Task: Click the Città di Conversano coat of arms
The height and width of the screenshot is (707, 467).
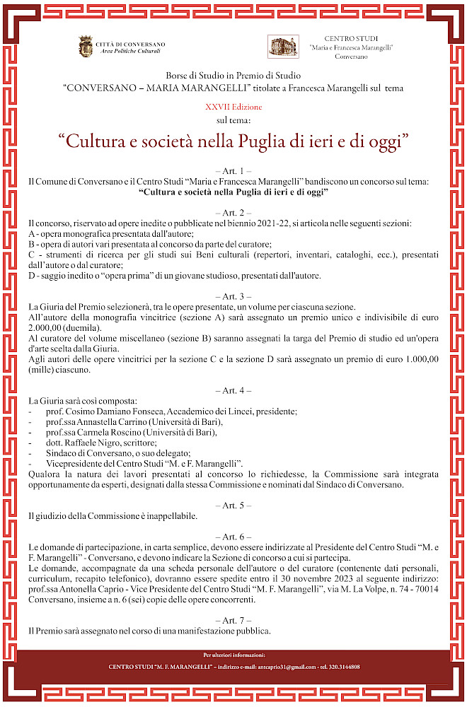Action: tap(85, 47)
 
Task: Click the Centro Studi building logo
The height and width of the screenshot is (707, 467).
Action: tap(278, 47)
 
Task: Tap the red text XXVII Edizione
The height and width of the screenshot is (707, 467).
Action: tap(233, 107)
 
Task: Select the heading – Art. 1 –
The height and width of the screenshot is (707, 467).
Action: tap(233, 171)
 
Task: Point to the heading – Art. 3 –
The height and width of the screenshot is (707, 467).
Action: tap(233, 296)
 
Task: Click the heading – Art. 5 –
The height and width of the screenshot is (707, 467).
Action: tap(233, 506)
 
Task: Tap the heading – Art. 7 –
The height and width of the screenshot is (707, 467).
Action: tap(233, 619)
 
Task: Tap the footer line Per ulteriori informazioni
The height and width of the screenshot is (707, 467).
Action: tap(233, 655)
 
